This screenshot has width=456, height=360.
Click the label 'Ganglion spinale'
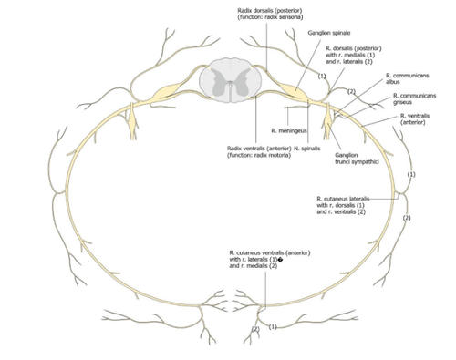point(328,33)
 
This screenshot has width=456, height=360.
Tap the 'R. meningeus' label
point(289,130)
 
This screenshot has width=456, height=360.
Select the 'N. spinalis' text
point(307,149)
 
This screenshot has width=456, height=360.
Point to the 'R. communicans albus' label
point(408,78)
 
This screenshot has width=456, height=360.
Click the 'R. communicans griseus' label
point(415,98)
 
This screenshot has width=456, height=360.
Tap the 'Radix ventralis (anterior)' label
point(259,149)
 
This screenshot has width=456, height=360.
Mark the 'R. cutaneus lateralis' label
point(343,199)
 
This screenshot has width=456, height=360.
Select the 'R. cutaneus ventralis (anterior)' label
point(270,252)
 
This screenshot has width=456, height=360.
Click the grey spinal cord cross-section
point(230,80)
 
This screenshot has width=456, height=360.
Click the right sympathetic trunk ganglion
point(327,120)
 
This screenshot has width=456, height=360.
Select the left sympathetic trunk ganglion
point(133,120)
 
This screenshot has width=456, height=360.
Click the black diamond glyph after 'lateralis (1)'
point(280,260)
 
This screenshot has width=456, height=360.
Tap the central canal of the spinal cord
point(230,82)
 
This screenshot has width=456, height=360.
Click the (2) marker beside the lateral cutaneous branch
point(407,218)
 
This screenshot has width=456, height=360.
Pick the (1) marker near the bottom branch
point(273,327)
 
